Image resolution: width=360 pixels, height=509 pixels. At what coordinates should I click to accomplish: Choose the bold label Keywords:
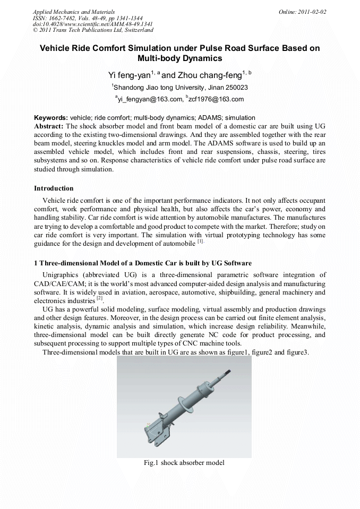coord(51,117)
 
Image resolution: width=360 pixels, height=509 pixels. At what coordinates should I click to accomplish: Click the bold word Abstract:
coord(49,126)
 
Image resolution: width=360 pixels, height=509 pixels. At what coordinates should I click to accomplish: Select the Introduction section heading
coord(54,188)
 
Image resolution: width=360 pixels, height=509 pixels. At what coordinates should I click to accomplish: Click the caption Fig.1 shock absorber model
coord(184,463)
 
